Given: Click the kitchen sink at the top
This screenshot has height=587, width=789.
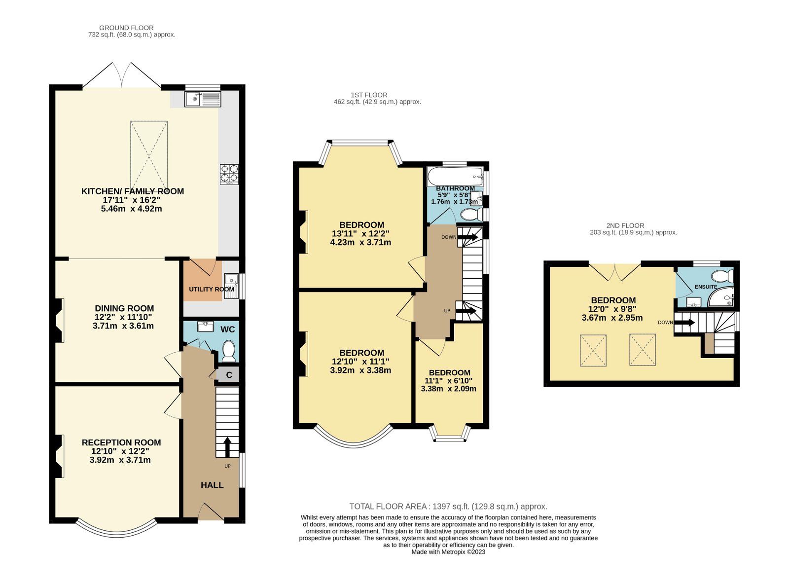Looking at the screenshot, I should click(x=203, y=99).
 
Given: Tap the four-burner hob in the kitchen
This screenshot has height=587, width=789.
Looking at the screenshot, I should click(x=229, y=174).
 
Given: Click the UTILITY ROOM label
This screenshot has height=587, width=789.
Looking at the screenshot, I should click(x=211, y=289).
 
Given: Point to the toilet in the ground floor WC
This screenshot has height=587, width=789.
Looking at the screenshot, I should click(x=229, y=351).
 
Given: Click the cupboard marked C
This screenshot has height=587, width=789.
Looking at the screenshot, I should click(x=229, y=375).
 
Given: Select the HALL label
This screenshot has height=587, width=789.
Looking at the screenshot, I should click(x=212, y=485).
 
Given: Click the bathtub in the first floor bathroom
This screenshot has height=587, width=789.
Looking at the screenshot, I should click(x=455, y=175).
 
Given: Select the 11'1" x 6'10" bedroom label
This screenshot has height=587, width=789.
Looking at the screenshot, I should click(x=449, y=381).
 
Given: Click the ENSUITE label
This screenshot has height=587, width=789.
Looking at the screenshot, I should click(x=706, y=287).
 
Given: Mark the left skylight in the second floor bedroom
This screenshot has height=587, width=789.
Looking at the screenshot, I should click(x=593, y=351).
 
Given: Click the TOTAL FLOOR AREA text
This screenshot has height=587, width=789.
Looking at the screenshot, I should click(x=448, y=507).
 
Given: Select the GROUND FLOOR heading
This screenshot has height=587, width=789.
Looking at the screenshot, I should click(x=126, y=28).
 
